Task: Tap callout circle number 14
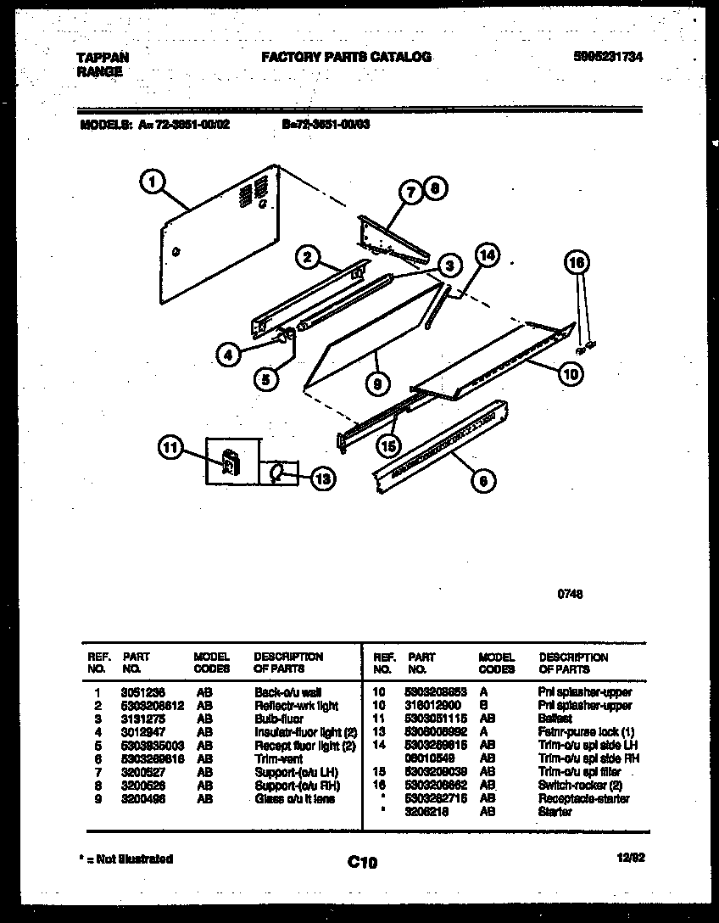pyautogui.click(x=487, y=254)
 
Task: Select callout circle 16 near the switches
pyautogui.click(x=577, y=264)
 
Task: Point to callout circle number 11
pyautogui.click(x=172, y=449)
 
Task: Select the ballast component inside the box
pyautogui.click(x=229, y=462)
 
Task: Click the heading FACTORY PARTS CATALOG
pyautogui.click(x=345, y=57)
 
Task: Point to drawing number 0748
pyautogui.click(x=570, y=594)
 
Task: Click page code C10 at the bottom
pyautogui.click(x=362, y=863)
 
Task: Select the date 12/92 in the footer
pyautogui.click(x=631, y=859)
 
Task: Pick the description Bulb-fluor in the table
pyautogui.click(x=279, y=719)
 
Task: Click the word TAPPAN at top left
pyautogui.click(x=103, y=58)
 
